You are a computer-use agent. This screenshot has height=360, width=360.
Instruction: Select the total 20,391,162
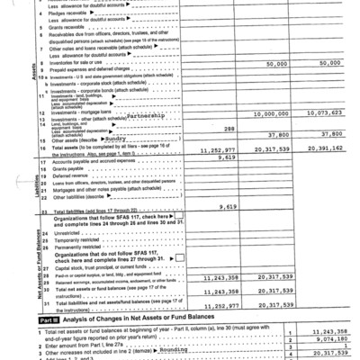tap(319, 150)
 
